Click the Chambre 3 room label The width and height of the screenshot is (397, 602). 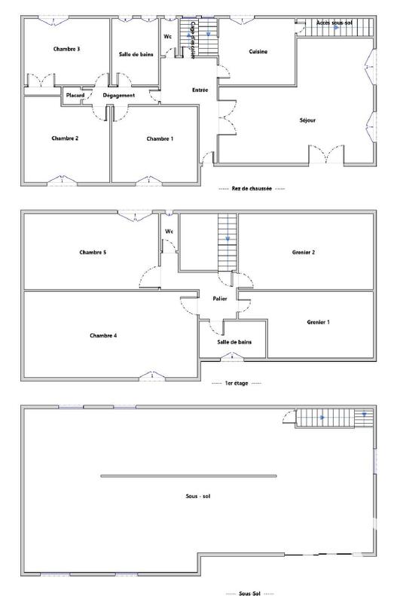(67, 49)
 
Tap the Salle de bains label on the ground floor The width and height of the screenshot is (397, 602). (135, 54)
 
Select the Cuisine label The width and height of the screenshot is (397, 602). (259, 51)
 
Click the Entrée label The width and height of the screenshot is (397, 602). (200, 90)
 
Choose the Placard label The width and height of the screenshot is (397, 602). (75, 96)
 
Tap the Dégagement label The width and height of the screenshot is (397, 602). (119, 96)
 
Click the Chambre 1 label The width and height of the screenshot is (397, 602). (160, 138)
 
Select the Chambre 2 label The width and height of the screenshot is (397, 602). (66, 138)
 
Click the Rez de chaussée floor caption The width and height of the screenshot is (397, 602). (251, 188)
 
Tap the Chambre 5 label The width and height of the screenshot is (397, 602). (93, 252)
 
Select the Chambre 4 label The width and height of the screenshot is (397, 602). (103, 335)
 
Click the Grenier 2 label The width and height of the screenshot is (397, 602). (303, 252)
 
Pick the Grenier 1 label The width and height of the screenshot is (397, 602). (318, 321)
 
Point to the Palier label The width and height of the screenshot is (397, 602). (220, 299)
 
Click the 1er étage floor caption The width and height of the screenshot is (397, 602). (237, 383)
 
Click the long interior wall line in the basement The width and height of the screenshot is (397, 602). (188, 476)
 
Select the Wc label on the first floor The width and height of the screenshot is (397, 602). (169, 231)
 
